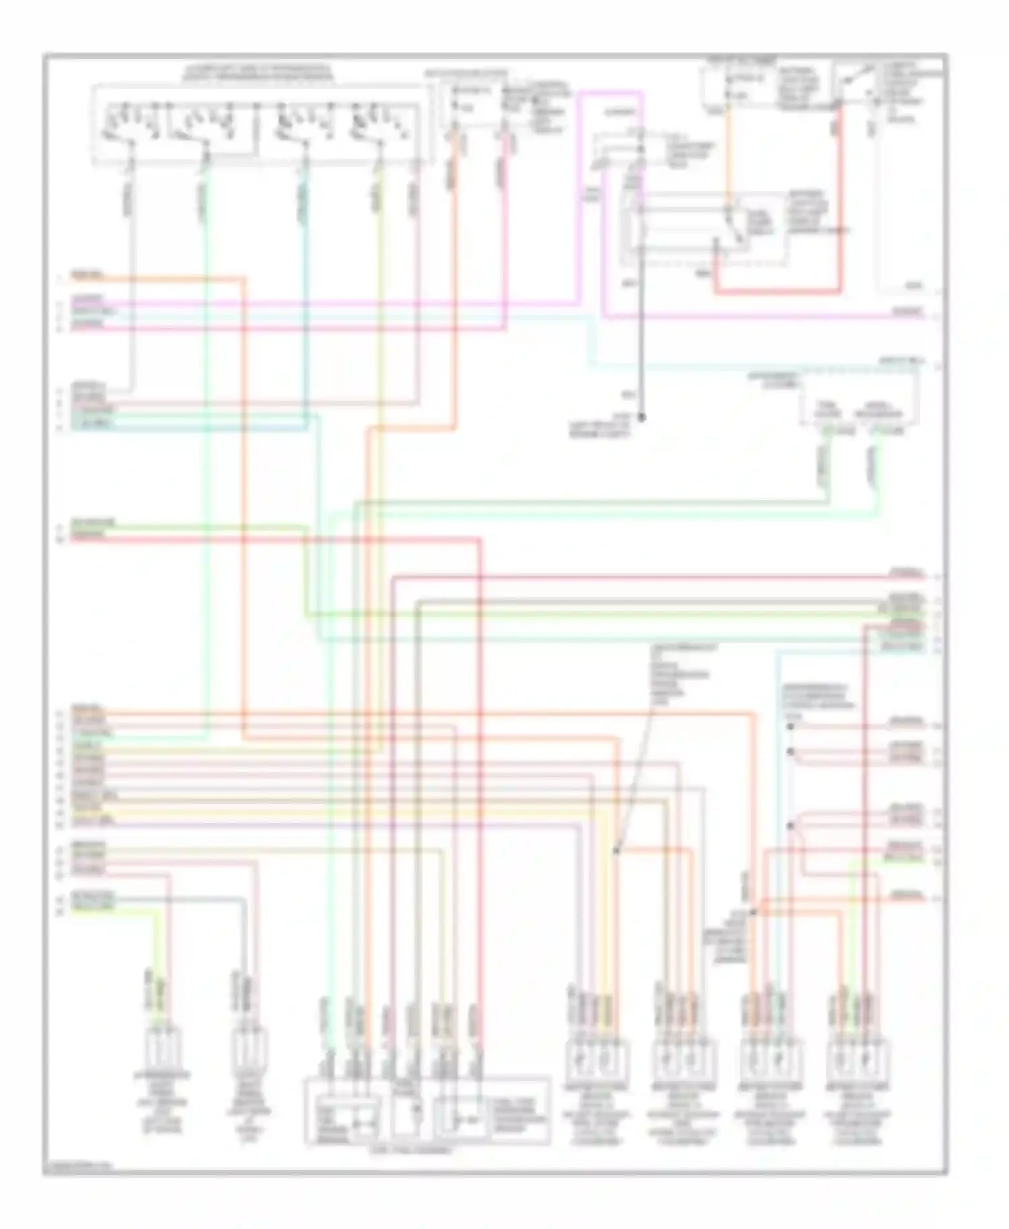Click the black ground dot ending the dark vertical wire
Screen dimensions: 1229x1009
pyautogui.click(x=641, y=418)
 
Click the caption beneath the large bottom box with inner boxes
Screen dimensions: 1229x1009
pyautogui.click(x=411, y=1150)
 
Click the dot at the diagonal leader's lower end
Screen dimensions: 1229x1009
pyautogui.click(x=615, y=851)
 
